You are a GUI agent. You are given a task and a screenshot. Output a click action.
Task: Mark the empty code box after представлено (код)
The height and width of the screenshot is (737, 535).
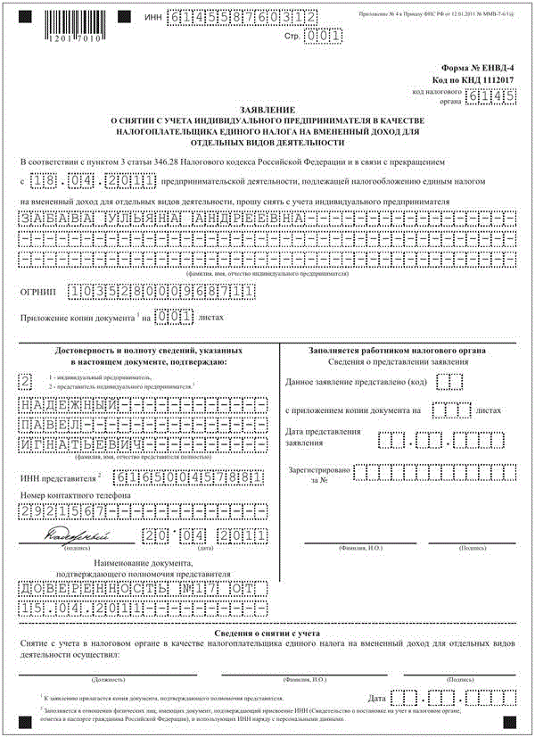(x=455, y=382)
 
